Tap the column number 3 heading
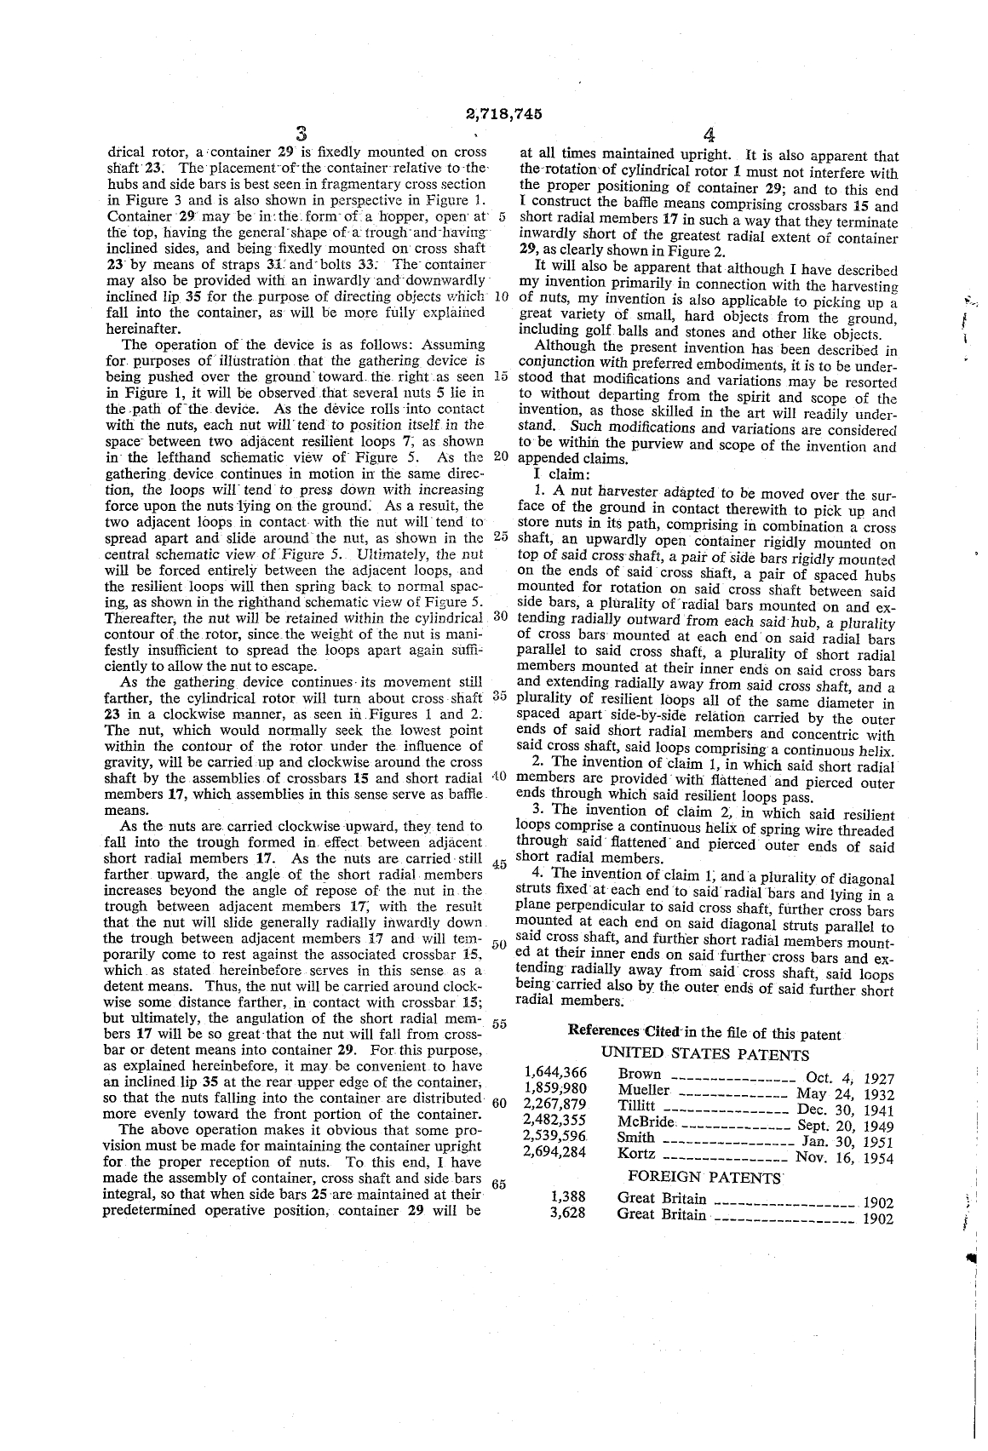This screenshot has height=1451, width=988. coord(301,135)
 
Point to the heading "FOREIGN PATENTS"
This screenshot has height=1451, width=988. coord(704,1178)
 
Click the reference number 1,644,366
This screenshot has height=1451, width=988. coord(556,1073)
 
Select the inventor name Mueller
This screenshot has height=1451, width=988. coord(644,1089)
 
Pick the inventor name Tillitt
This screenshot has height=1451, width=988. coord(635,1105)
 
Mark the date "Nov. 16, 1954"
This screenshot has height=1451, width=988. coord(844,1157)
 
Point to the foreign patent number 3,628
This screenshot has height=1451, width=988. coord(567,1213)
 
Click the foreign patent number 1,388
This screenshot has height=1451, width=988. coord(567,1197)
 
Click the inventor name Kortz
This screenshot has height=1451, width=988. coord(635,1154)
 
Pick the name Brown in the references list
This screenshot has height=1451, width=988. coord(640,1074)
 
